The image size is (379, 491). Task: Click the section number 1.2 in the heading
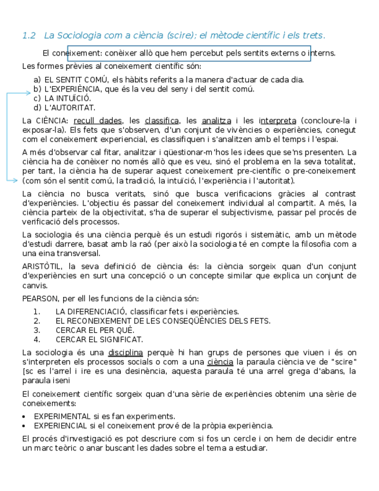point(29,36)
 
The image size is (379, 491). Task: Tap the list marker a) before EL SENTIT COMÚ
point(37,80)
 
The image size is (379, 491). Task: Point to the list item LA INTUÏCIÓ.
point(67,98)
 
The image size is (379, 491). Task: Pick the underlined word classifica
point(161,121)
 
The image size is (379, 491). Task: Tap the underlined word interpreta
point(278,121)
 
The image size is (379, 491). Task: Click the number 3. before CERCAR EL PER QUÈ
point(37,331)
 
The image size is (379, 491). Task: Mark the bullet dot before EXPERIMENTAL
point(23,417)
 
